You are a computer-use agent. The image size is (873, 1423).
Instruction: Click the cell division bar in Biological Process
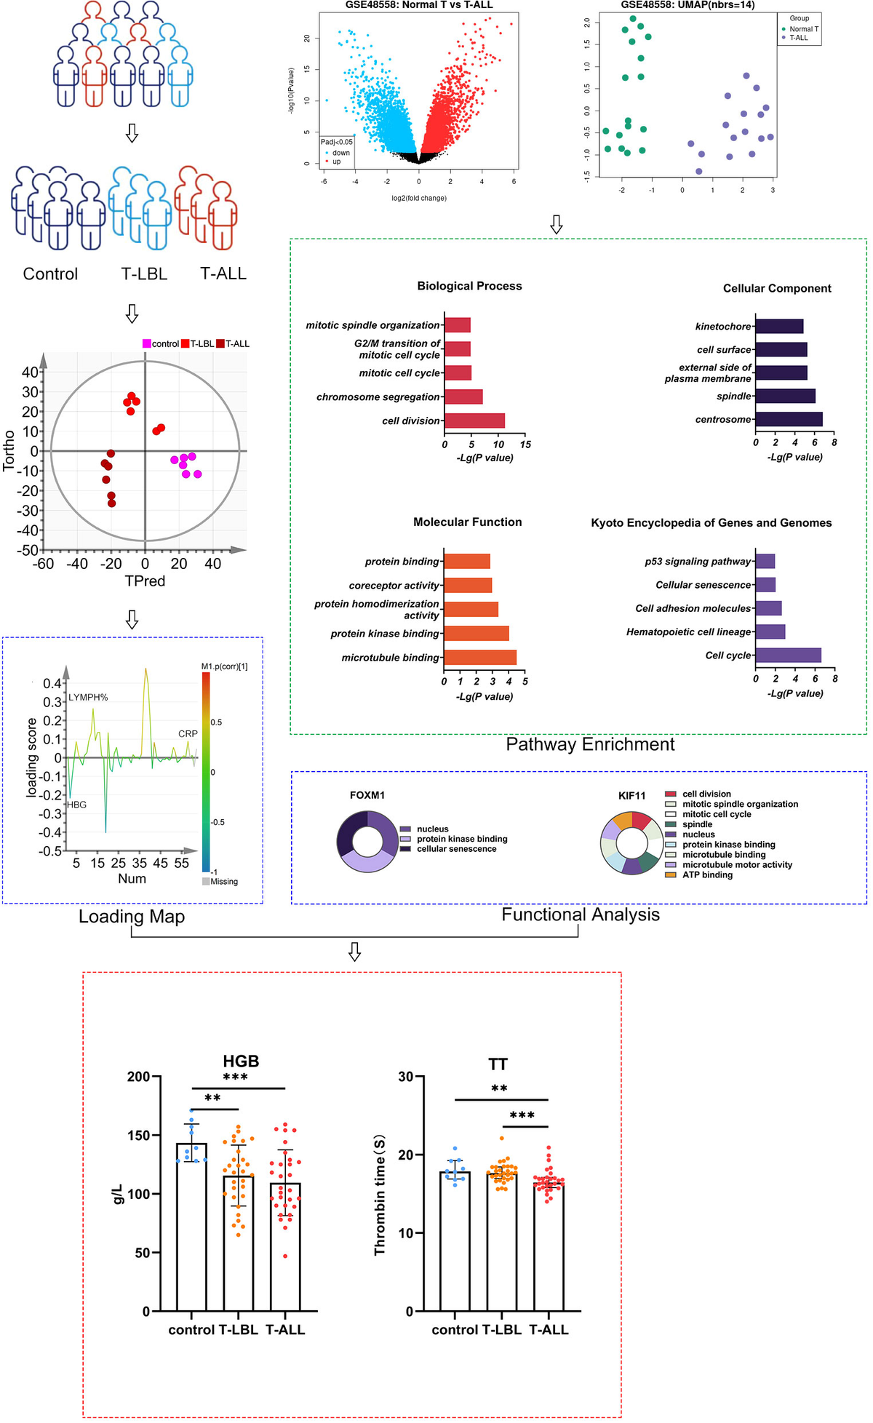click(x=474, y=420)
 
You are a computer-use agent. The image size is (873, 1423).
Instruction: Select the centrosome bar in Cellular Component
click(x=789, y=419)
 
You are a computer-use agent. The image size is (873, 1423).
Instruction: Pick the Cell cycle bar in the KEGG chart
click(x=788, y=655)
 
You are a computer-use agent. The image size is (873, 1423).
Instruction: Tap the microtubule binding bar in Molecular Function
click(x=480, y=658)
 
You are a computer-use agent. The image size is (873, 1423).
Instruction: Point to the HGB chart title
click(x=241, y=1061)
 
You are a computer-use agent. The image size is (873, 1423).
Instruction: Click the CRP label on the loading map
click(x=188, y=733)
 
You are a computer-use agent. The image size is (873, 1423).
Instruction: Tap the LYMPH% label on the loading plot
click(x=88, y=697)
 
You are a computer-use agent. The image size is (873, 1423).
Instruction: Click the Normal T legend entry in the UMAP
click(x=803, y=29)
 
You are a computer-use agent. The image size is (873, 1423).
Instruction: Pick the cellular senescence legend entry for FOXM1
click(x=456, y=849)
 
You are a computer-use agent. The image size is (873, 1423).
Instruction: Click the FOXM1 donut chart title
click(x=367, y=795)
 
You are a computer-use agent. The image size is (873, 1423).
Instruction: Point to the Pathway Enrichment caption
click(x=590, y=744)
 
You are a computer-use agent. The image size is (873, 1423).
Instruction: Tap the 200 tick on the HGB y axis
click(x=138, y=1077)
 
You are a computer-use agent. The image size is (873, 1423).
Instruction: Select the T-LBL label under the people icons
click(x=144, y=274)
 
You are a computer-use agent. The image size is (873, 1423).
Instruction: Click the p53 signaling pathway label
click(x=697, y=562)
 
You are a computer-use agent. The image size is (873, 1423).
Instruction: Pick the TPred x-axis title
click(x=145, y=581)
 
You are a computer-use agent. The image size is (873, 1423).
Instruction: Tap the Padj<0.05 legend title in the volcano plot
click(x=337, y=142)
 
